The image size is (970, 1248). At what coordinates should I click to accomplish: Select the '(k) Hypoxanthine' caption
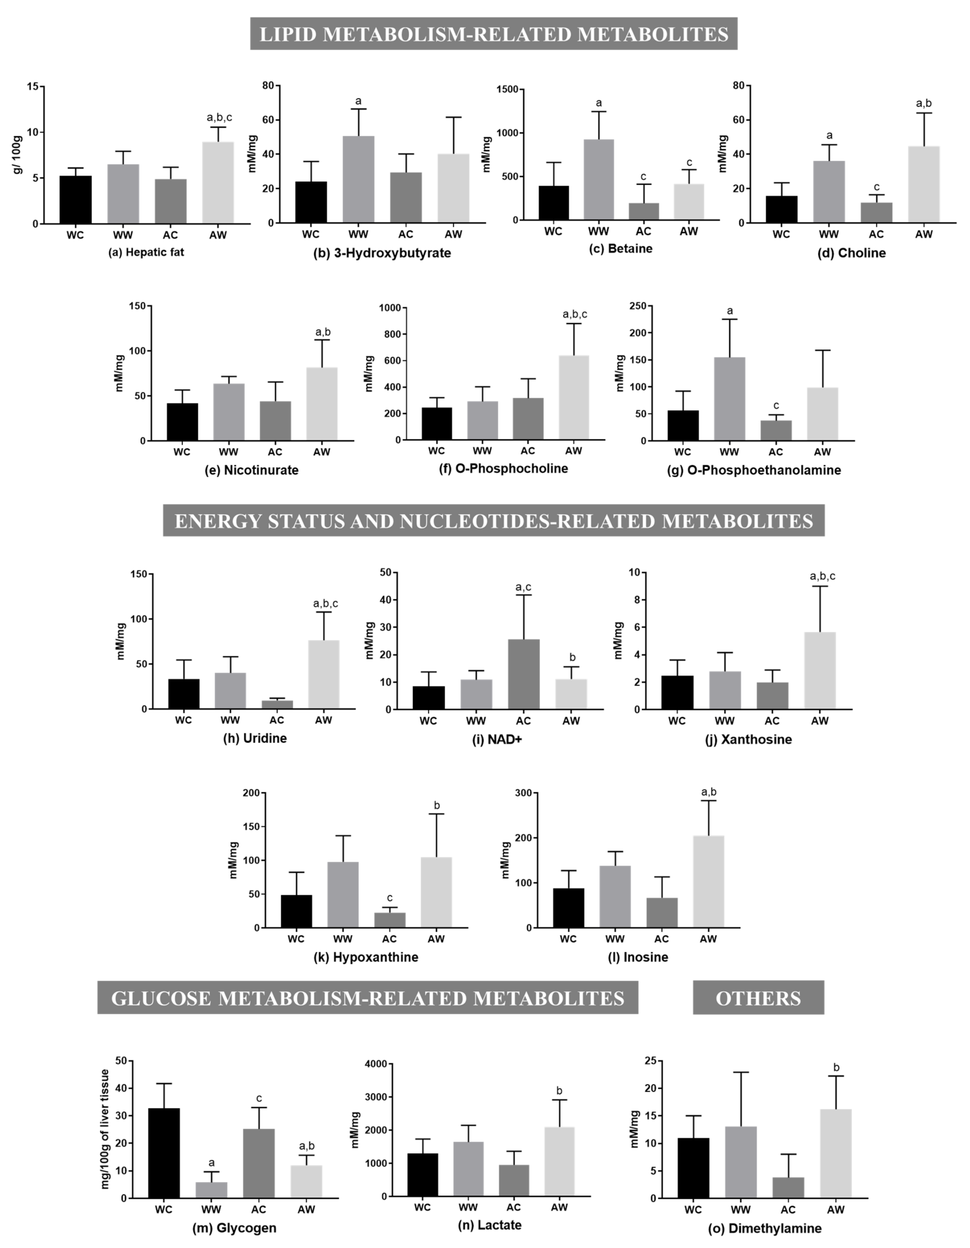click(x=366, y=957)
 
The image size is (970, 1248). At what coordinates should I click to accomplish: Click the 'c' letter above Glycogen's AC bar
click(x=259, y=1098)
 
